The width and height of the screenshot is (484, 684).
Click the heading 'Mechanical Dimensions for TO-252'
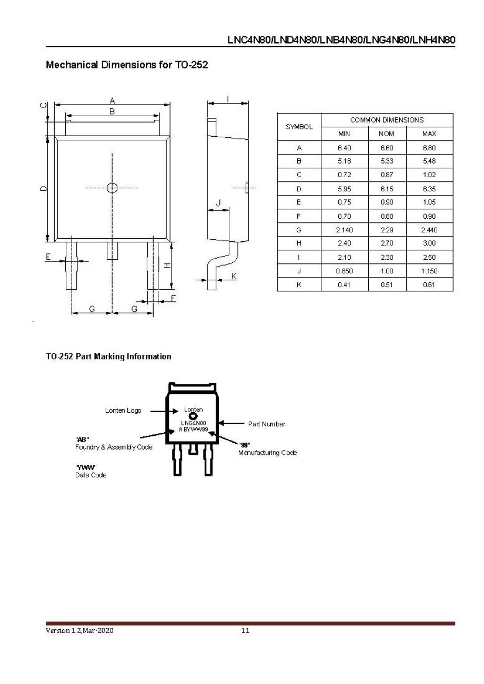pyautogui.click(x=127, y=65)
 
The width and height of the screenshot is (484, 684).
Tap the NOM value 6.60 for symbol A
pyautogui.click(x=386, y=148)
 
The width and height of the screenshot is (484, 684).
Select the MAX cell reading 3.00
pyautogui.click(x=429, y=243)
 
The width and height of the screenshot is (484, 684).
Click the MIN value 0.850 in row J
pyautogui.click(x=344, y=271)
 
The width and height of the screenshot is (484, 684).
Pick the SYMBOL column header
pyautogui.click(x=299, y=127)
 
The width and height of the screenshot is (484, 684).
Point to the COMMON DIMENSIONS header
pyautogui.click(x=387, y=120)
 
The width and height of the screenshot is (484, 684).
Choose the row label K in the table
pyautogui.click(x=299, y=284)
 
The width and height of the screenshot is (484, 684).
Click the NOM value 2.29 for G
pyautogui.click(x=386, y=230)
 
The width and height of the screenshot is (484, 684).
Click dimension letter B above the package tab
pyautogui.click(x=112, y=111)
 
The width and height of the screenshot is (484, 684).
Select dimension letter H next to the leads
pyautogui.click(x=167, y=266)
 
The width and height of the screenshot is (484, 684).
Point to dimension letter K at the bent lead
pyautogui.click(x=234, y=275)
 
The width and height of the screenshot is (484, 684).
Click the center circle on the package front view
pyautogui.click(x=112, y=188)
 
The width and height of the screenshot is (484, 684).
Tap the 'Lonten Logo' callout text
pyautogui.click(x=123, y=411)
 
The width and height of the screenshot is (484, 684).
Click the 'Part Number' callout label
pyautogui.click(x=267, y=424)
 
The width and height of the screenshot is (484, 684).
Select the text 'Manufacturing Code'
pyautogui.click(x=267, y=453)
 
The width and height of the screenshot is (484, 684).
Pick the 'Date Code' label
pyautogui.click(x=90, y=475)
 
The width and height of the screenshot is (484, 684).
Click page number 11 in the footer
pyautogui.click(x=245, y=630)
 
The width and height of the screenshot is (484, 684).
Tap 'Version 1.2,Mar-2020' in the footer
pyautogui.click(x=79, y=630)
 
